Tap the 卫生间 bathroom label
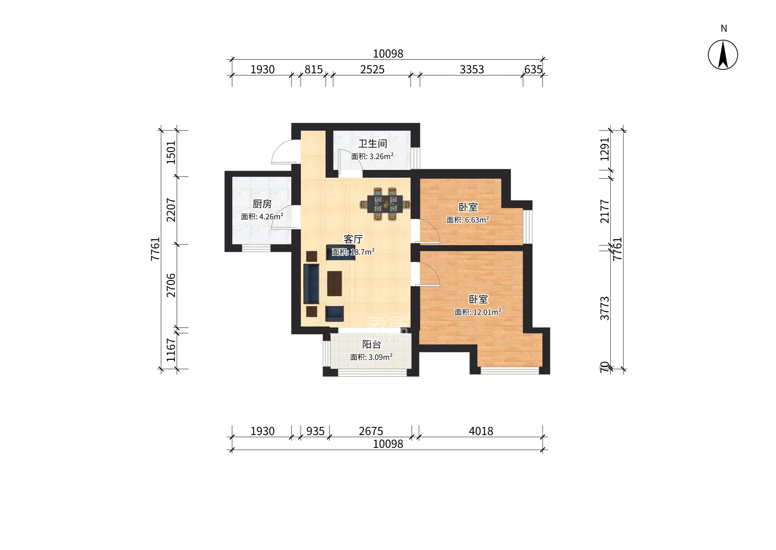click(x=373, y=144)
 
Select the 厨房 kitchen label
click(x=262, y=204)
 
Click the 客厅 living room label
click(x=353, y=240)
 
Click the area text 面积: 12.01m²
click(x=478, y=312)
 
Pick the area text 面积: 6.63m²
click(x=468, y=220)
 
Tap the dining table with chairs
click(x=385, y=204)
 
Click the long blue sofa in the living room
click(x=312, y=284)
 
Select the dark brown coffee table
click(x=335, y=284)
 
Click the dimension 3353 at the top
click(x=471, y=69)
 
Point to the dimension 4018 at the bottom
click(x=481, y=431)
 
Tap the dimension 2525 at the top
click(x=372, y=69)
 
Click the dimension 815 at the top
click(x=313, y=69)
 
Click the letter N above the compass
click(x=724, y=28)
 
